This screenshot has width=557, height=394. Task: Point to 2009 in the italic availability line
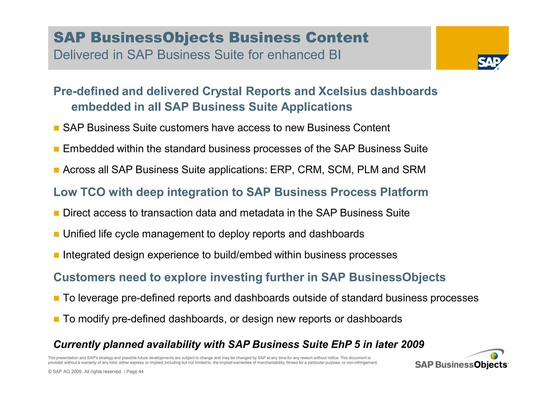click(x=412, y=344)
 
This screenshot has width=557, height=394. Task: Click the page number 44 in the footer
click(x=141, y=372)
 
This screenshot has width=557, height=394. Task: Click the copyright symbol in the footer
click(x=50, y=372)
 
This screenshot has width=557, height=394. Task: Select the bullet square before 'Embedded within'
click(x=56, y=149)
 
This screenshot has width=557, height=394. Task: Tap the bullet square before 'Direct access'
click(x=56, y=213)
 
